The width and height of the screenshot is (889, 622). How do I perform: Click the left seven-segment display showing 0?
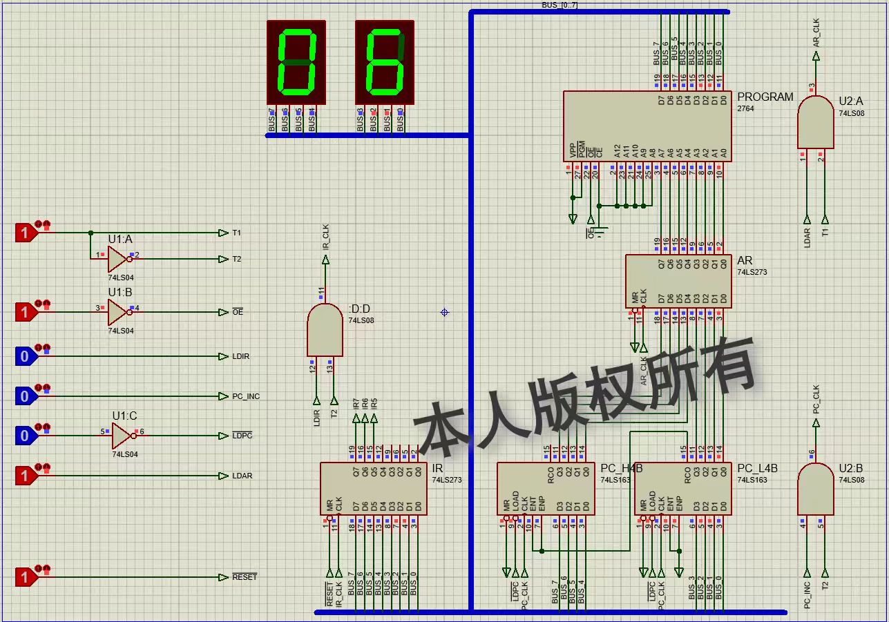pos(296,62)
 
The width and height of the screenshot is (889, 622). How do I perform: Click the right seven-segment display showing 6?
pos(385,62)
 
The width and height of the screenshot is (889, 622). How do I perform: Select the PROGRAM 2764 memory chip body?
pos(647,126)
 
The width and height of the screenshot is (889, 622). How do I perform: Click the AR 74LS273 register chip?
pos(678,281)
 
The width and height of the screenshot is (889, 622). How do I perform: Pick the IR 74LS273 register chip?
pos(373,488)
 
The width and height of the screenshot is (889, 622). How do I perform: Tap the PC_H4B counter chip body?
pos(546,488)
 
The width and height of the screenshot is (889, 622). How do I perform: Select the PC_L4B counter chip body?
pos(682,488)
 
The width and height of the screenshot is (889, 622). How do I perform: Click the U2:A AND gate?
pos(815,122)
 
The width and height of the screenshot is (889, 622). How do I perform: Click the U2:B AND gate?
pos(815,489)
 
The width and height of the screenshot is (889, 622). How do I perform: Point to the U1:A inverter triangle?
pos(117,259)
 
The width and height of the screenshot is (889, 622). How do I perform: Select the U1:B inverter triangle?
pos(117,312)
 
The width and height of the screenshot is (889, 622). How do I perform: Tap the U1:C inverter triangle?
pos(122,436)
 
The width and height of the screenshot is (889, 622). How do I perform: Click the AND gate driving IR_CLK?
pos(325,330)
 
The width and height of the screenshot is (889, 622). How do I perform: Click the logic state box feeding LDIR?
pos(25,356)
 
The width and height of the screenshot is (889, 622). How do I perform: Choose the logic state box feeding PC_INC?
pos(25,396)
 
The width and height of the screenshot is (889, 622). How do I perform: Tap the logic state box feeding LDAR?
pos(25,476)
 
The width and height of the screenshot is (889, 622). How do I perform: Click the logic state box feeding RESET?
pos(25,577)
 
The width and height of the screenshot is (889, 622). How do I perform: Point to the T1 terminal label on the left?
pos(236,233)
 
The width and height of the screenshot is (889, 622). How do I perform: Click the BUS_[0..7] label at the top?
pos(560,6)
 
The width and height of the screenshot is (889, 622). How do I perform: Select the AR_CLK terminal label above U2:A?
pos(816,33)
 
